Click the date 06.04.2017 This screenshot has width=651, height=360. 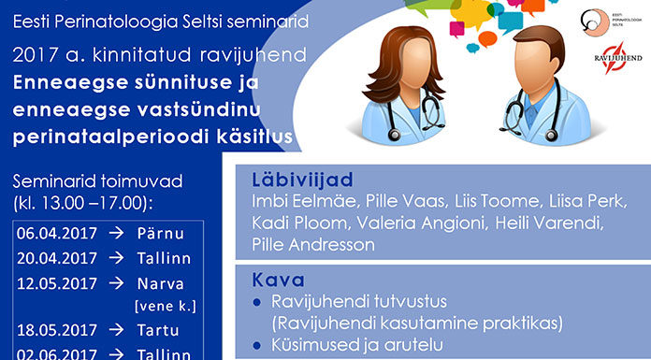click(49, 232)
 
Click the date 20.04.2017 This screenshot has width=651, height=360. click(49, 258)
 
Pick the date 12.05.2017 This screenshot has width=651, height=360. click(49, 284)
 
